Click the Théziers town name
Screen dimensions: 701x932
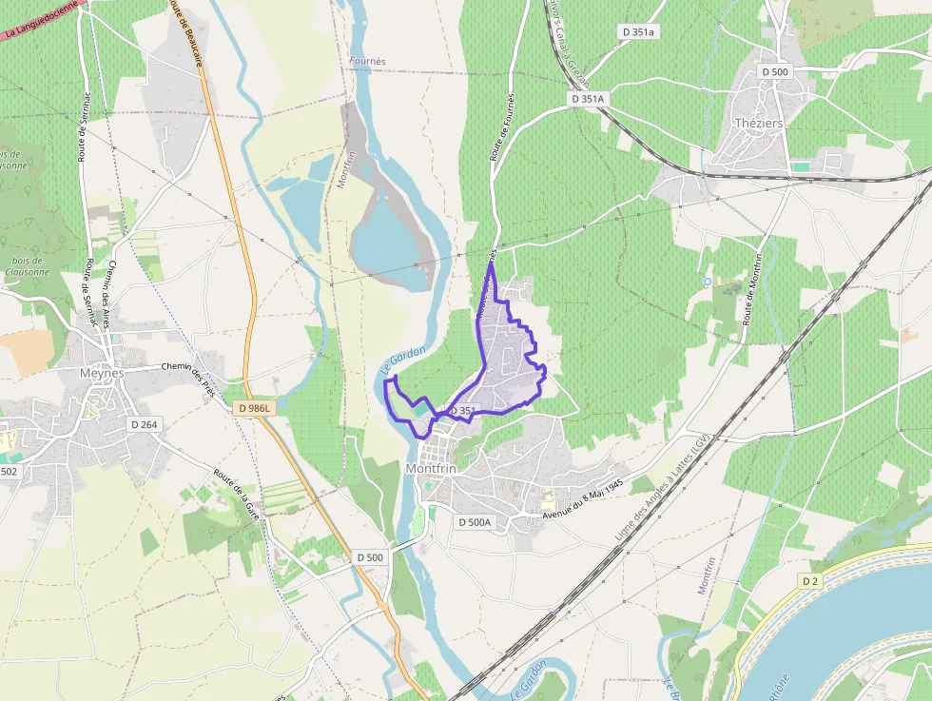(760, 123)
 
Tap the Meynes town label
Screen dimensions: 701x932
(102, 373)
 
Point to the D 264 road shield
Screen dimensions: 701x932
(144, 424)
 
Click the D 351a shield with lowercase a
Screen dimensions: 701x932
(639, 31)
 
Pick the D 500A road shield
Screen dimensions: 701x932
(475, 522)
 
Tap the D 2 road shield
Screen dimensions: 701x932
(810, 581)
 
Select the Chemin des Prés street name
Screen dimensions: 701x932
(189, 378)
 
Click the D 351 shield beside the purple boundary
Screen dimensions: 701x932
(462, 411)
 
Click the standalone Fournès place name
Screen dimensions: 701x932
(368, 61)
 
